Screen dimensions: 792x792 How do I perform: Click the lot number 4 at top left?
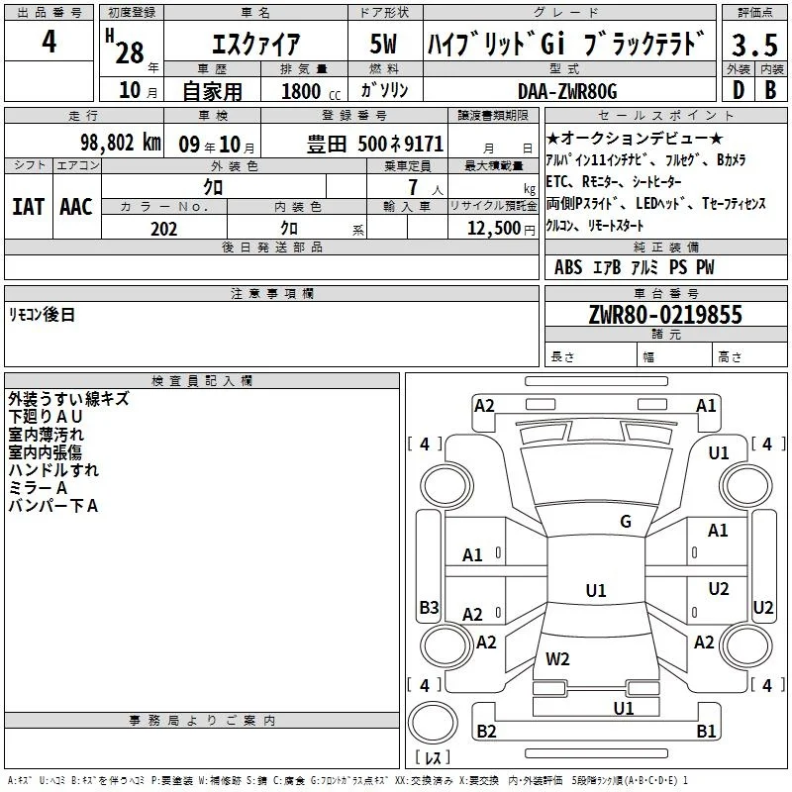coord(49,41)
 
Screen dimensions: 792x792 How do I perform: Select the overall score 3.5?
coord(754,45)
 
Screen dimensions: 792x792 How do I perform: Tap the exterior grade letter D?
coord(739,90)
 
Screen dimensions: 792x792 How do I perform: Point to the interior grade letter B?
coord(771,90)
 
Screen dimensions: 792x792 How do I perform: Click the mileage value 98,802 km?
coord(121,143)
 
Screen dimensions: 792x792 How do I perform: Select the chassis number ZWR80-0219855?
coord(665,315)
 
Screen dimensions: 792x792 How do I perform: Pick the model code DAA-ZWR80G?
coord(567,91)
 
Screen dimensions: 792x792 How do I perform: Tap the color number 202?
coord(163,229)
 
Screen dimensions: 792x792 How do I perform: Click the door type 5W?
coord(383,44)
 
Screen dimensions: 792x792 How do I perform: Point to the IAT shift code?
coord(28,207)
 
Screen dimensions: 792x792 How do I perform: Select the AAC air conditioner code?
coord(76,207)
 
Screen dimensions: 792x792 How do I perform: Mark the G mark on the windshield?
coord(626,522)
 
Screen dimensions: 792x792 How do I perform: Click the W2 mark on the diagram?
coord(557,659)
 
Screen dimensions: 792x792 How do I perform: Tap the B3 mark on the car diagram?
coord(430,607)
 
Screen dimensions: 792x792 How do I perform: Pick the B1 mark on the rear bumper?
coord(706,731)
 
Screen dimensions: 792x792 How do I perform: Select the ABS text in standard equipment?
coord(568,267)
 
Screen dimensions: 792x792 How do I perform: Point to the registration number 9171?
coord(424,144)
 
